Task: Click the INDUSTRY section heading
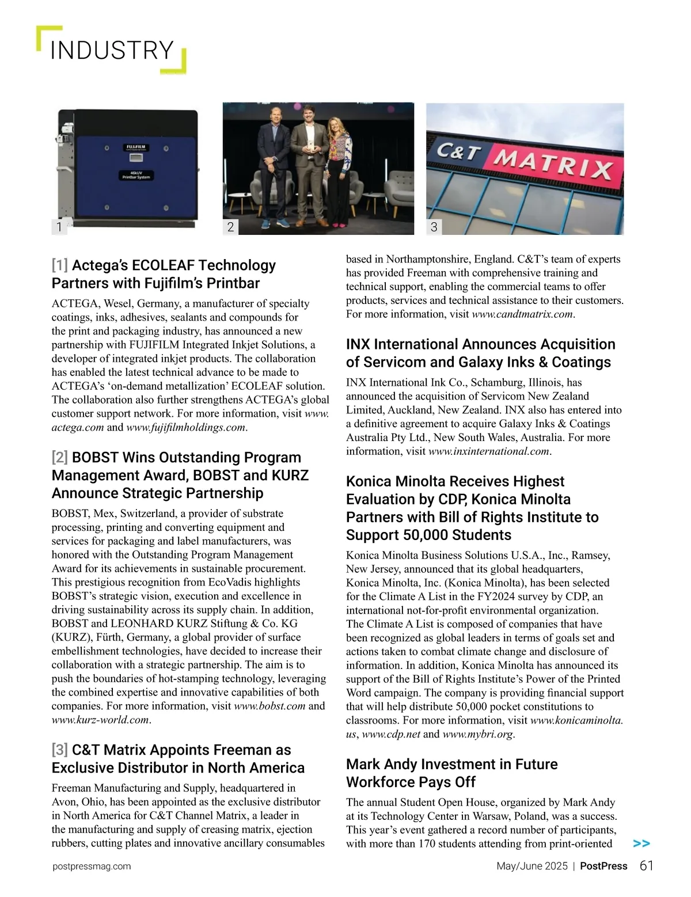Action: click(x=112, y=51)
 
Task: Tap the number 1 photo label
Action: click(x=59, y=227)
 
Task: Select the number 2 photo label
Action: click(x=230, y=227)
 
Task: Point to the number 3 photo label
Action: click(x=434, y=227)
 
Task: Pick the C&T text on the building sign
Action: click(x=458, y=152)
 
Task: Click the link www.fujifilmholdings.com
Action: click(x=186, y=427)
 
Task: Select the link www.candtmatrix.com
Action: click(x=522, y=314)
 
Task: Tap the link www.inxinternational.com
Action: click(x=489, y=451)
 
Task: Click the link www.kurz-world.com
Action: click(x=100, y=720)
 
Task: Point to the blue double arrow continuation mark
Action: click(x=641, y=843)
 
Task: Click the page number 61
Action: click(x=646, y=866)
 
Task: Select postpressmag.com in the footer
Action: click(x=92, y=866)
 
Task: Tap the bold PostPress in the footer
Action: click(x=603, y=866)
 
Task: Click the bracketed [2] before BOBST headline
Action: click(x=60, y=458)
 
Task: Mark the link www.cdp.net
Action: click(x=391, y=734)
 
